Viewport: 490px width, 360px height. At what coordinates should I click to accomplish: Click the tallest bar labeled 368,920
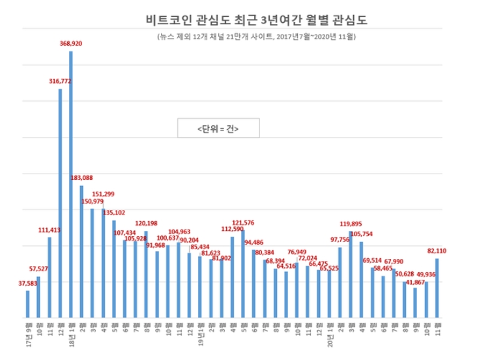pyautogui.click(x=70, y=183)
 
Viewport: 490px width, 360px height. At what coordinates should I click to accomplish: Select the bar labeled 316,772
pyautogui.click(x=60, y=202)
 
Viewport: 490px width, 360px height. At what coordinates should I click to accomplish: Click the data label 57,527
pyautogui.click(x=38, y=269)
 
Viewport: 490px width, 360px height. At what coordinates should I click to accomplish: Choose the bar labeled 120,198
pyautogui.click(x=146, y=274)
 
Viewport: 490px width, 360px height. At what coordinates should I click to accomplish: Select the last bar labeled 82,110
pyautogui.click(x=437, y=288)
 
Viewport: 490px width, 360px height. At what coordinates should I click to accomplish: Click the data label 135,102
pyautogui.click(x=113, y=212)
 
